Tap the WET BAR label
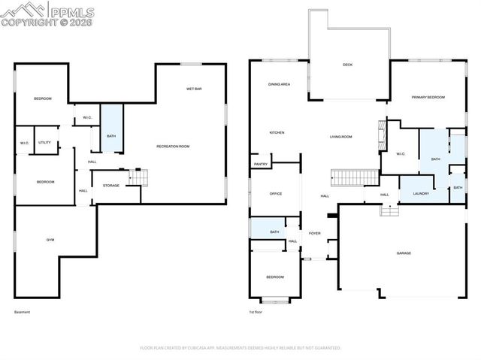pyautogui.click(x=194, y=89)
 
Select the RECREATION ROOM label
pyautogui.click(x=173, y=146)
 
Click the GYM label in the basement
pyautogui.click(x=50, y=240)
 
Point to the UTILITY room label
pyautogui.click(x=45, y=142)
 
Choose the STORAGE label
pyautogui.click(x=111, y=185)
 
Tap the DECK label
pyautogui.click(x=347, y=65)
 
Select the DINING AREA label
pyautogui.click(x=279, y=84)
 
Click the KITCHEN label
pyautogui.click(x=277, y=133)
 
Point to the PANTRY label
pyautogui.click(x=261, y=164)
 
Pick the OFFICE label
pyautogui.click(x=276, y=194)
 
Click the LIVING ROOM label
pyautogui.click(x=341, y=137)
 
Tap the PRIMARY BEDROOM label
pyautogui.click(x=428, y=98)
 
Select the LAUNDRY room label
pyautogui.click(x=420, y=194)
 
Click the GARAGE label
pyautogui.click(x=404, y=253)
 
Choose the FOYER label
pyautogui.click(x=314, y=233)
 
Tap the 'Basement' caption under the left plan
pyautogui.click(x=23, y=312)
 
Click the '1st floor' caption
pyautogui.click(x=256, y=312)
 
